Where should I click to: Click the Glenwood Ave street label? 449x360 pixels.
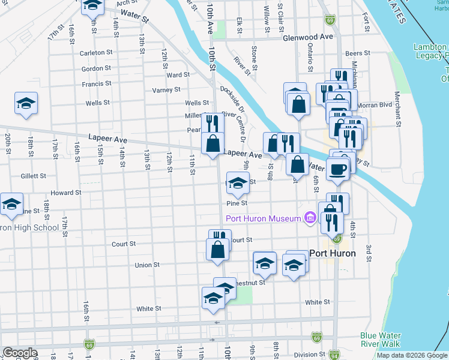[x=308, y=37]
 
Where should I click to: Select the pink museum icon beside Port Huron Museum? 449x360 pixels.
[x=310, y=217]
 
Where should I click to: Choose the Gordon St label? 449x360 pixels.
[x=96, y=68]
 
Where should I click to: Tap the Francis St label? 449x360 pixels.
[x=97, y=84]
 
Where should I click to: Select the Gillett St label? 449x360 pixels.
[x=34, y=176]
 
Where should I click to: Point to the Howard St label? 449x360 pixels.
[x=66, y=193]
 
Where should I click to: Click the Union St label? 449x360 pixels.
[x=147, y=265]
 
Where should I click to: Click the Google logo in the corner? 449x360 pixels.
[x=20, y=353]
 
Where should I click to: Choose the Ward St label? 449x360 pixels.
[x=178, y=75]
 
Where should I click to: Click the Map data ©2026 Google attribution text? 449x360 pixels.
[x=412, y=355]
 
